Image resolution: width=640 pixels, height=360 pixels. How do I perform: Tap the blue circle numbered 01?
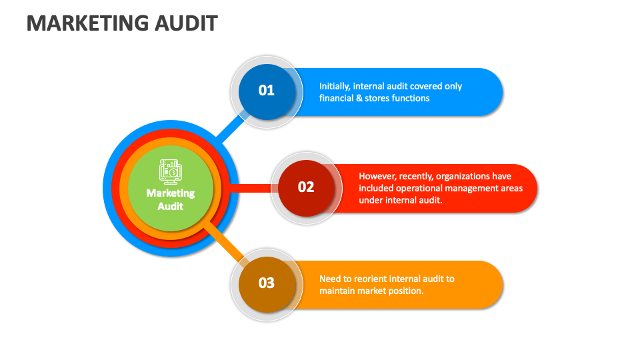pos(266,91)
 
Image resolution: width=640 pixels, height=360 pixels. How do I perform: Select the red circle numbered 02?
pos(306,187)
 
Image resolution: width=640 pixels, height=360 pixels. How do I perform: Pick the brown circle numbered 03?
pos(266,283)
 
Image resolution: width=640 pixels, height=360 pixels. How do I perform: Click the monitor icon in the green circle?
pos(170,171)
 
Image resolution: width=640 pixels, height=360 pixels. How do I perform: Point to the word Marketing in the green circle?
pos(171,193)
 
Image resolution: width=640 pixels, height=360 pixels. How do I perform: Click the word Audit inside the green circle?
pos(171,206)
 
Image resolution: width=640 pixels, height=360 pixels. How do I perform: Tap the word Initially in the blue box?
pos(334,86)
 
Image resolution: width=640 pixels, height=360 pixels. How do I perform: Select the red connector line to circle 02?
pos(250,188)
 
